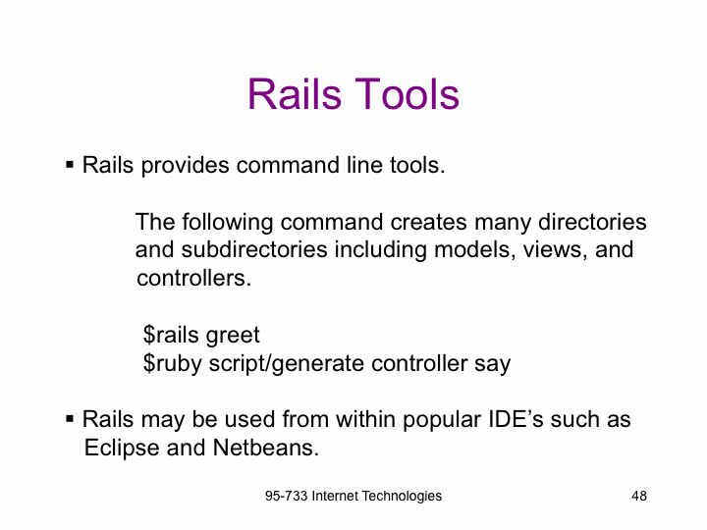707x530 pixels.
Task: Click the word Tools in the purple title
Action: coord(408,94)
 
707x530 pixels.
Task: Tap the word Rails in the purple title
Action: coord(295,94)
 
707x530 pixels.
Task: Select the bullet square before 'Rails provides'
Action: coord(70,165)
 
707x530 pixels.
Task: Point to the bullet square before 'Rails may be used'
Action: coord(70,419)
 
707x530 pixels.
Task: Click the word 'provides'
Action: coord(185,166)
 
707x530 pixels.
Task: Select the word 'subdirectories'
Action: coord(254,249)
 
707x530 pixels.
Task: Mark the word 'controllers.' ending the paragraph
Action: coord(193,278)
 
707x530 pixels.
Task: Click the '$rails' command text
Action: coord(171,335)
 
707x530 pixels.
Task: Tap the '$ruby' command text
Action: coord(172,364)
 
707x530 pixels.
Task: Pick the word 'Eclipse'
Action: coord(122,448)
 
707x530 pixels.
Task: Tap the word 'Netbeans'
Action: coord(265,448)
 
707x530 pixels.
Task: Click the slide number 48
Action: coord(639,496)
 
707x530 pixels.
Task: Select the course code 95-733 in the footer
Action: coord(286,496)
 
